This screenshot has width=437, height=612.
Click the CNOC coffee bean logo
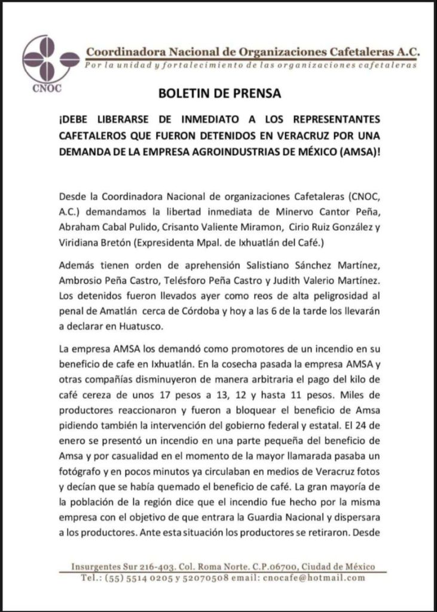click(x=51, y=60)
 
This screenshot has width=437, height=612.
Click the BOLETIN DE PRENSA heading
click(x=219, y=94)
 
